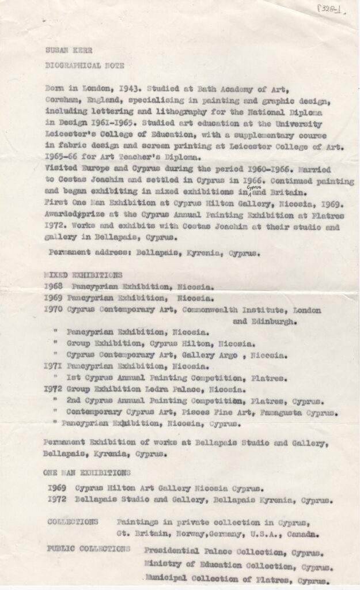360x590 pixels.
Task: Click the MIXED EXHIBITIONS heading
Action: coord(83,275)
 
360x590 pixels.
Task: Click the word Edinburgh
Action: coord(266,322)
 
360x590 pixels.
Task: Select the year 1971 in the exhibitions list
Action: coord(54,366)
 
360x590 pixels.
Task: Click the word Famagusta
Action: coord(282,413)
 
